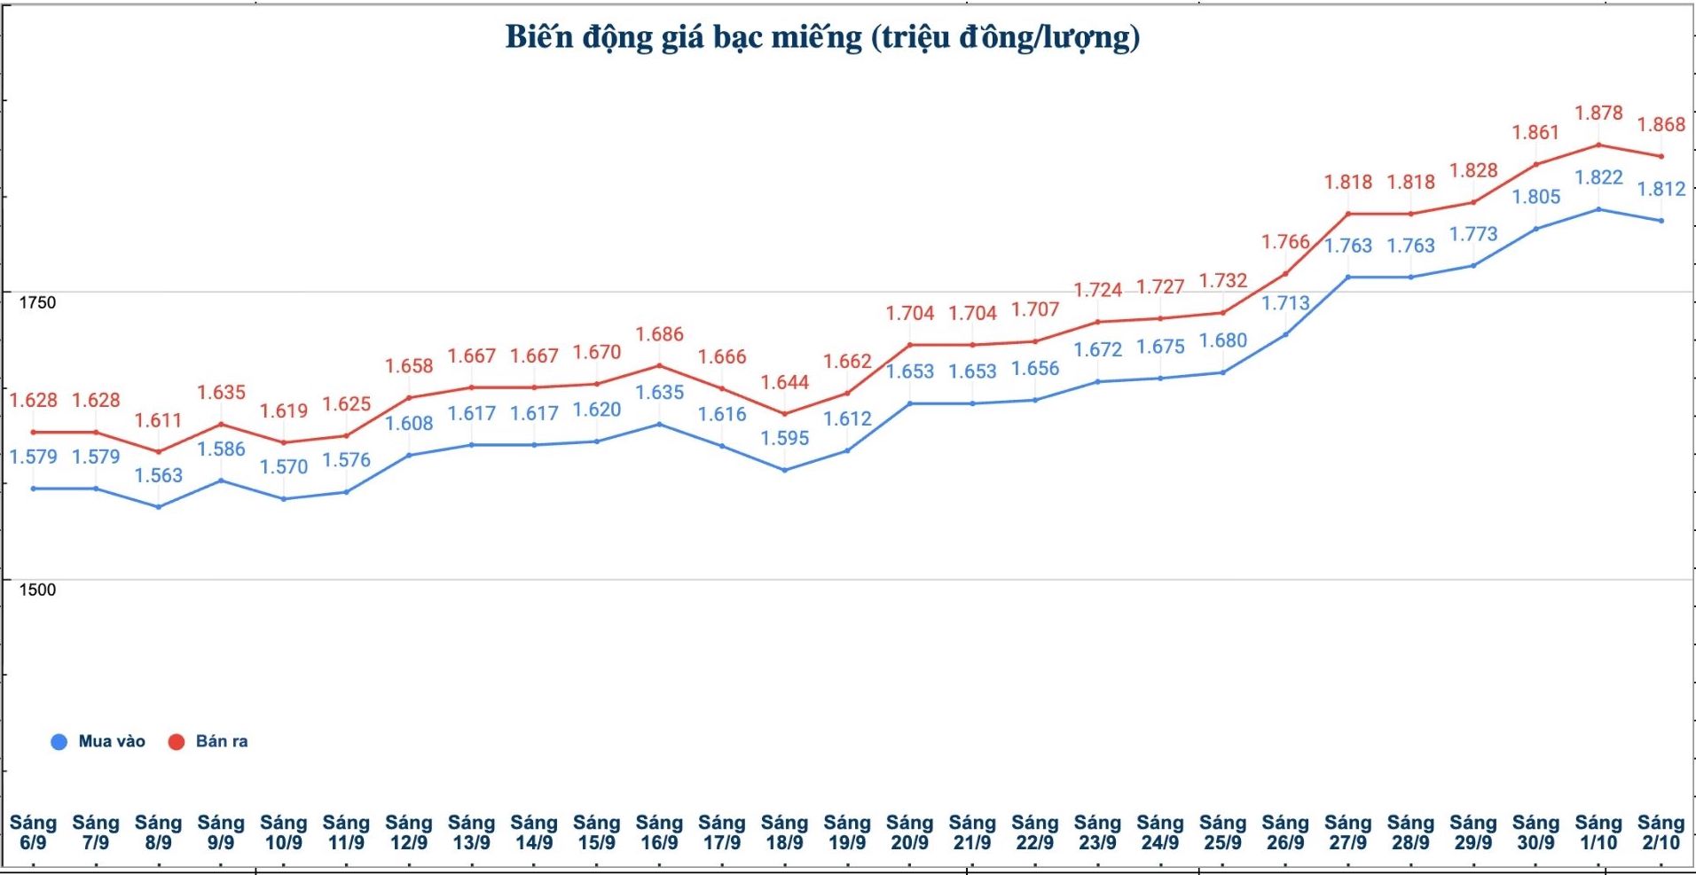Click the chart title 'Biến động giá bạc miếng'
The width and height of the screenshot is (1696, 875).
(x=822, y=37)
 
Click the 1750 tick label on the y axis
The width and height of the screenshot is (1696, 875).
(x=37, y=302)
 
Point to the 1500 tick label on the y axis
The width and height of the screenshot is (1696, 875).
(x=37, y=590)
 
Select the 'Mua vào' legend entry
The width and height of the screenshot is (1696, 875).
(x=99, y=741)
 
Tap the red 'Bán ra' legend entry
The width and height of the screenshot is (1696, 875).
(x=209, y=741)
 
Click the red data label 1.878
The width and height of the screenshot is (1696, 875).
(x=1598, y=113)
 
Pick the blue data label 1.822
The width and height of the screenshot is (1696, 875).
(x=1598, y=177)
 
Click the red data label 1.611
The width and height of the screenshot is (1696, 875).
(x=158, y=420)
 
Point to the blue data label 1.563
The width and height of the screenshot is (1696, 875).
(x=158, y=475)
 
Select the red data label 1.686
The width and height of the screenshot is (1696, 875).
(x=659, y=334)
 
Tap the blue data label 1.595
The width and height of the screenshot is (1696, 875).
(x=785, y=438)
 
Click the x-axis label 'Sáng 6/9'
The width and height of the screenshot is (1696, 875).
(x=33, y=832)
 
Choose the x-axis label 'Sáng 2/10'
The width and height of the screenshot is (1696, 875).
(x=1661, y=832)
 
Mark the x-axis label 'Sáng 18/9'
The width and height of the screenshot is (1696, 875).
(x=785, y=832)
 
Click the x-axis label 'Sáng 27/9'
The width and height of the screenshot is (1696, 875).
(x=1347, y=832)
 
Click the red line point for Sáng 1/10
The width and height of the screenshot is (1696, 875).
(x=1598, y=145)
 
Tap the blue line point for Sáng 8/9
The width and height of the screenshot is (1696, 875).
(x=159, y=507)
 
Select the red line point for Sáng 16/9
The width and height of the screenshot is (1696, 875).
(x=659, y=365)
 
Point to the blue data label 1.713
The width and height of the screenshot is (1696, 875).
(x=1285, y=303)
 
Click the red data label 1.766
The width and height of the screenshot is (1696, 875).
(x=1285, y=242)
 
